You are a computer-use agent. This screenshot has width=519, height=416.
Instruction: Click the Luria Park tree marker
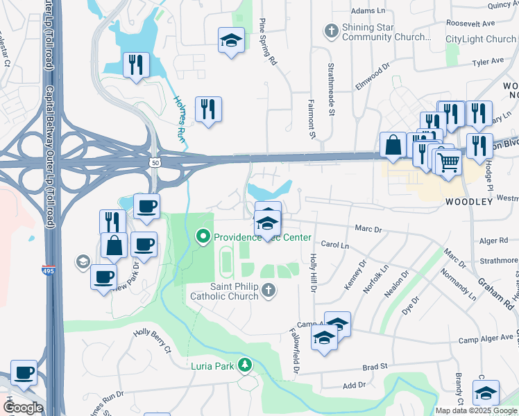click(x=244, y=365)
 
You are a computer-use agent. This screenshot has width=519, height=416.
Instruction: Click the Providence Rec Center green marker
click(x=203, y=237)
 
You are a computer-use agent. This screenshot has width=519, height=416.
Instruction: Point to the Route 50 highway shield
click(x=154, y=162)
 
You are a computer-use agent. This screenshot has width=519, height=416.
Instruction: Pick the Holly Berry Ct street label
click(x=152, y=342)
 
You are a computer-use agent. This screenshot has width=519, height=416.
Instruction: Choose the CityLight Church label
click(x=481, y=40)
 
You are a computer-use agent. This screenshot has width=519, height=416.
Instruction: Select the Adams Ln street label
click(x=368, y=11)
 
